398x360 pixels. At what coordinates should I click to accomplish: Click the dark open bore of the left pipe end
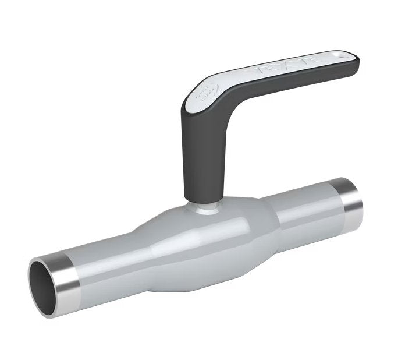(44, 283)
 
